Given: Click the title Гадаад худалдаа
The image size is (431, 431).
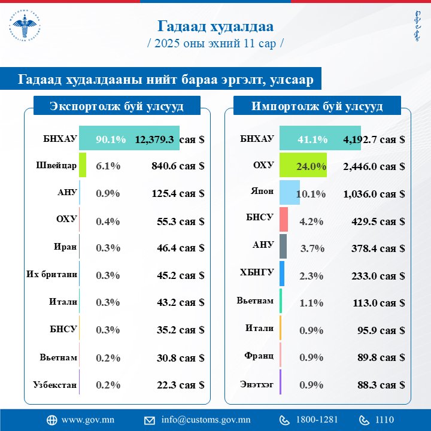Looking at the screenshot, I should tap(215, 27).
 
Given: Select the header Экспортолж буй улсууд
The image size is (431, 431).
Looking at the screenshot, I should tap(116, 107).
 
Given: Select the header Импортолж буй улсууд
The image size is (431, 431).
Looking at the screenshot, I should tap(317, 107).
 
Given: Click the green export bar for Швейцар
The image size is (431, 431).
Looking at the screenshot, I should tap(83, 165).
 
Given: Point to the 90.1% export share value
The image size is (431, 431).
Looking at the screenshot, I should tap(111, 139).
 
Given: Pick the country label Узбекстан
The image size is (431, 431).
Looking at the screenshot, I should tap(55, 385).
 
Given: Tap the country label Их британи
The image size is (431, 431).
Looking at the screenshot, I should tap(51, 275).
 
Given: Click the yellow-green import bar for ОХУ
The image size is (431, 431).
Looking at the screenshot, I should tap(302, 166).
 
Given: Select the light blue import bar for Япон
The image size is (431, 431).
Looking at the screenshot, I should tap(289, 193).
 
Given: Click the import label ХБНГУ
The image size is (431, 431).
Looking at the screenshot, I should tap(257, 272).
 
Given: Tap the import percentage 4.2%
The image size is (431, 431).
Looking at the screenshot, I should tap(311, 221).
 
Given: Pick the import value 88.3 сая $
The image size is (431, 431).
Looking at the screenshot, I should tap(377, 386).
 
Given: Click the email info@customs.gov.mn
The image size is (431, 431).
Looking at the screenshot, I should tap(205, 419).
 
